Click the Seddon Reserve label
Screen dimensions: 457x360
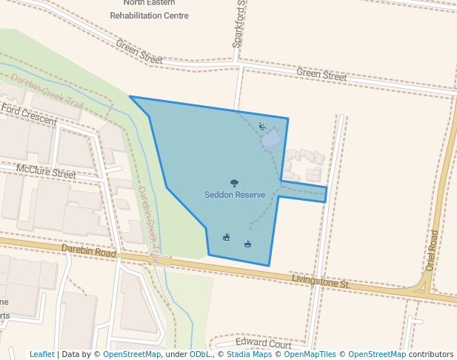pos(235,195)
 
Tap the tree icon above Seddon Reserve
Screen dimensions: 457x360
pos(235,183)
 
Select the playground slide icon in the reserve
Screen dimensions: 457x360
pos(262,126)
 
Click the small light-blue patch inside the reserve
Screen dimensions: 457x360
pos(272,139)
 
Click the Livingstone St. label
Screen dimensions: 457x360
pos(320,282)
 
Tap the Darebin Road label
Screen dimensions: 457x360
pos(89,252)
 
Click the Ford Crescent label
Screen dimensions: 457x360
pos(29,114)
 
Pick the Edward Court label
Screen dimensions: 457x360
pos(263,344)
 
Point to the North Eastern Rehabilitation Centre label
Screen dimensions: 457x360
pos(149,9)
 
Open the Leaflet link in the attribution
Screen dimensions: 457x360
pos(41,355)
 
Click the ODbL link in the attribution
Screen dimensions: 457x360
pos(200,355)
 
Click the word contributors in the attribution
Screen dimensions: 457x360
pos(431,355)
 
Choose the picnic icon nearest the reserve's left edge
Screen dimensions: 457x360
pos(227,237)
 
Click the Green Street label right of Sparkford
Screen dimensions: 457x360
pos(321,76)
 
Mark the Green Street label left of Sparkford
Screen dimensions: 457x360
pos(139,50)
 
